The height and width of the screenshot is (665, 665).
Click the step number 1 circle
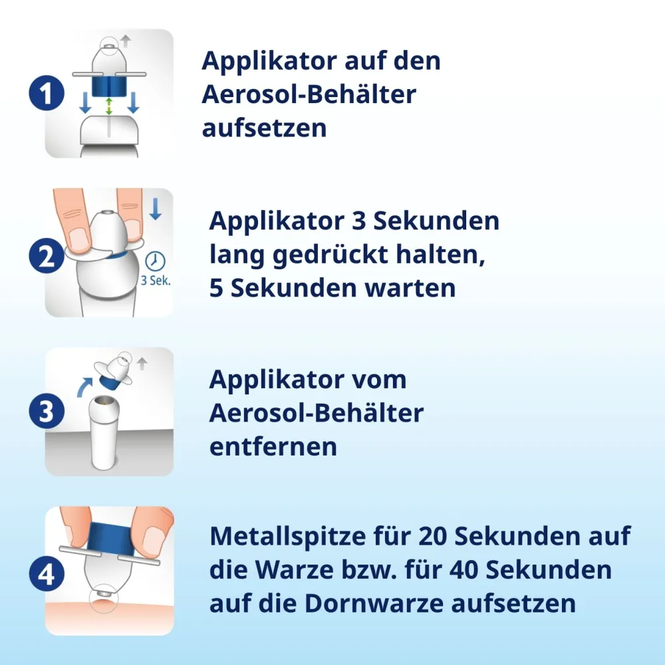[47, 93]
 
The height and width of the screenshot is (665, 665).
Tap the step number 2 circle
[47, 256]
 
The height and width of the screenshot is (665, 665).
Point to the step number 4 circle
[47, 575]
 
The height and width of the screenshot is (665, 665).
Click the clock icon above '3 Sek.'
[155, 261]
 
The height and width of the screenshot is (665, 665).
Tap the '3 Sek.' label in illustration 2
[156, 281]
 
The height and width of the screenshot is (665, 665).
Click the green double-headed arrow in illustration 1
[109, 106]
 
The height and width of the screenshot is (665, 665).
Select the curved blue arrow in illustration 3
[84, 387]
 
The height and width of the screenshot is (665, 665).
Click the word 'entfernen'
[273, 447]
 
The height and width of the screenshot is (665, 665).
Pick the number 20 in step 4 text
[433, 536]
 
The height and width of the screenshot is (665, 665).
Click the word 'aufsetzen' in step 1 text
[264, 128]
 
